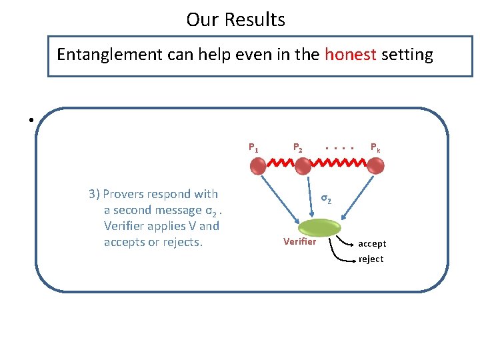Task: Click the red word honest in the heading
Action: pyautogui.click(x=351, y=54)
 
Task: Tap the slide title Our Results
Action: pyautogui.click(x=235, y=20)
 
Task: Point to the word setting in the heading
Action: pyautogui.click(x=407, y=55)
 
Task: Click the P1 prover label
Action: pyautogui.click(x=254, y=148)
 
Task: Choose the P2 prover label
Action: pyautogui.click(x=298, y=148)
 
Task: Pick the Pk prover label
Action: pyautogui.click(x=375, y=148)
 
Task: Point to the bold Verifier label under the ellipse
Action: pyautogui.click(x=299, y=241)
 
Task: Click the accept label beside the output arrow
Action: pyautogui.click(x=372, y=243)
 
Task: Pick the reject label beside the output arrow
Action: pyautogui.click(x=371, y=259)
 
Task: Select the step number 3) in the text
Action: pyautogui.click(x=94, y=194)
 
